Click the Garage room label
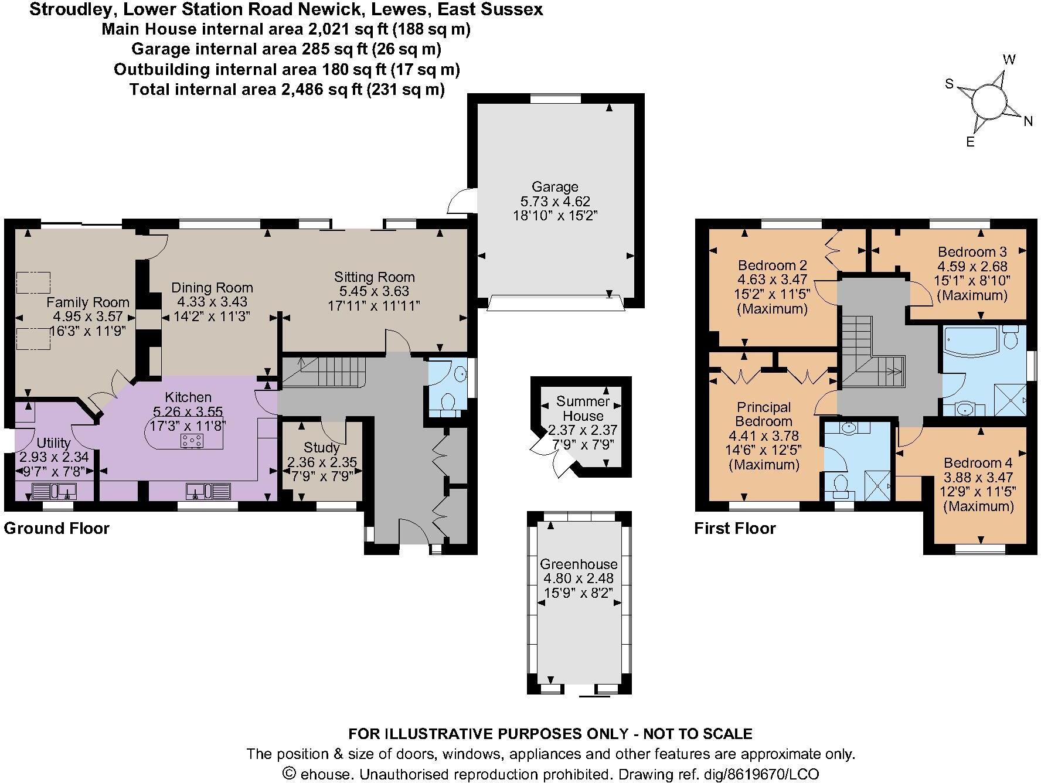(x=554, y=187)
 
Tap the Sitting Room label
(x=375, y=277)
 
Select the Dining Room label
(x=212, y=288)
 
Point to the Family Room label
(x=88, y=302)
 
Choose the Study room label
(x=322, y=448)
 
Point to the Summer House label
(x=583, y=408)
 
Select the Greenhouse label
(x=579, y=564)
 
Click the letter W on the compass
(x=1009, y=60)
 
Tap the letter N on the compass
(x=1028, y=122)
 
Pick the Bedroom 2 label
(x=773, y=265)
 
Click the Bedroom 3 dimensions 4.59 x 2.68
(x=972, y=266)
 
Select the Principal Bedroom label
(x=764, y=414)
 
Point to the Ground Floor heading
(x=57, y=529)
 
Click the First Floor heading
(x=735, y=529)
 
